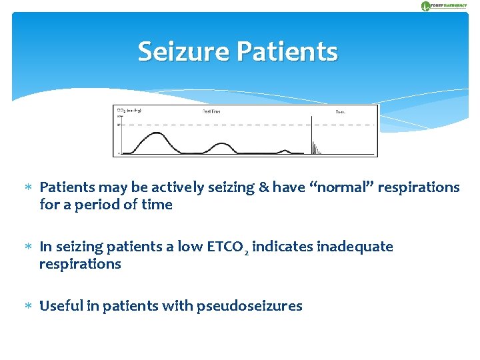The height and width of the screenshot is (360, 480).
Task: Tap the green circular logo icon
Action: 425,6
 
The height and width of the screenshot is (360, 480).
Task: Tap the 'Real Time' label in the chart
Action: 211,111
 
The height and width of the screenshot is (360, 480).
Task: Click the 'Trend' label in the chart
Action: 340,112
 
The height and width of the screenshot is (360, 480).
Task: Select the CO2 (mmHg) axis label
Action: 129,111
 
